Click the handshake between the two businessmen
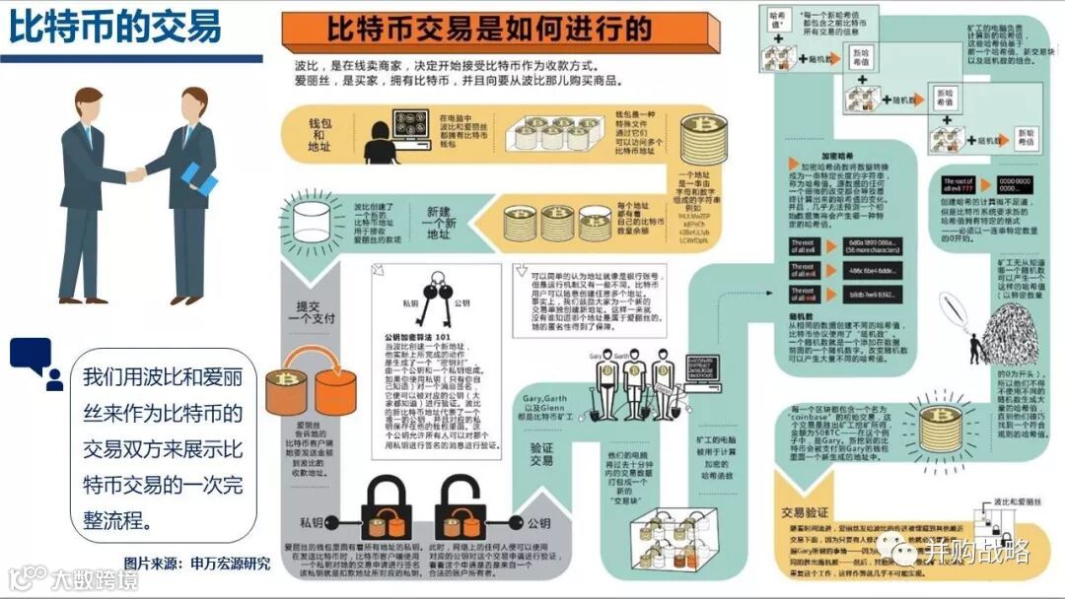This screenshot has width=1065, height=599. click(x=137, y=174)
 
